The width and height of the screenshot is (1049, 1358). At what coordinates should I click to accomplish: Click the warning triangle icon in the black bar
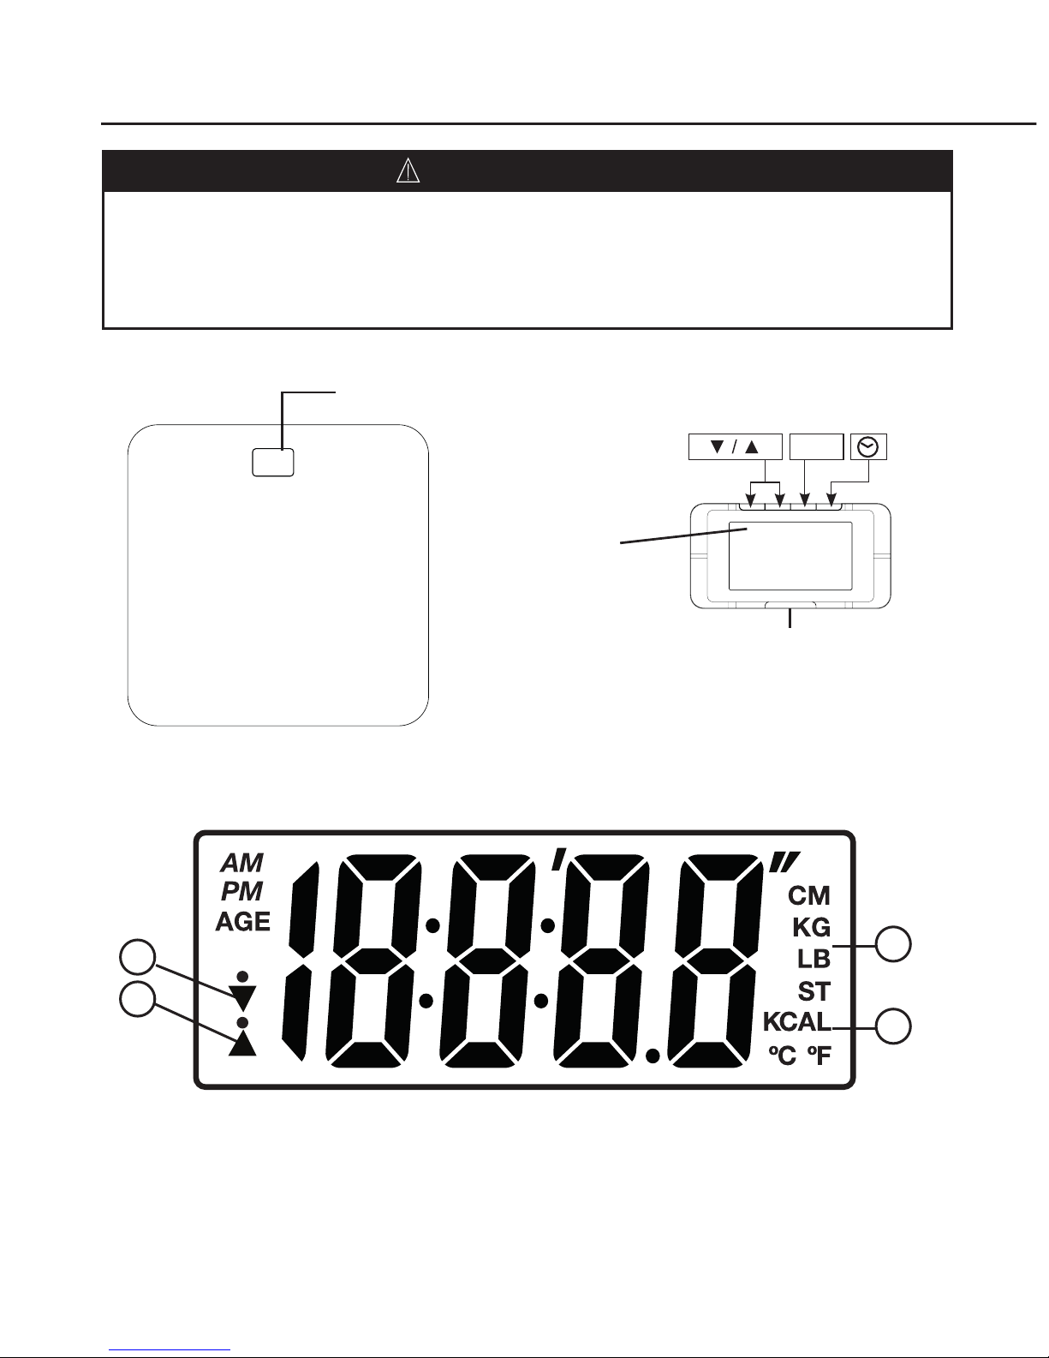coord(408,171)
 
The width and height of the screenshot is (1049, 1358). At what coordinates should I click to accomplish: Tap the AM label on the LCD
coord(242,862)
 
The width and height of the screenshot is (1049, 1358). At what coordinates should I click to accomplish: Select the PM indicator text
coord(242,892)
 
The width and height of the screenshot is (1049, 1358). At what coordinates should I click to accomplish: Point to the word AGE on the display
coord(242,922)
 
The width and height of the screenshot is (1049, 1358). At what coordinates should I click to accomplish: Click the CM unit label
coord(809,896)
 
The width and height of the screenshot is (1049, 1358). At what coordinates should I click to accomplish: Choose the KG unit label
coord(811,927)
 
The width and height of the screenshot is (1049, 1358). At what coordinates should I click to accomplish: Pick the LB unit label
coord(814,959)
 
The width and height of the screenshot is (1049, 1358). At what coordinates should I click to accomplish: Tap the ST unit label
coord(814,991)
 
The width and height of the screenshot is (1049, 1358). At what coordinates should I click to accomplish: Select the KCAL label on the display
coord(796,1022)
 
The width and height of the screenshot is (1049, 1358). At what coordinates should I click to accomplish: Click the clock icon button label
coord(868,446)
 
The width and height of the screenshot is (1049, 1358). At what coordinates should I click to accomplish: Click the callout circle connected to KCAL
coord(894,1026)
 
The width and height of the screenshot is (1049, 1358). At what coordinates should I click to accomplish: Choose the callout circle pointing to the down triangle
coord(137,958)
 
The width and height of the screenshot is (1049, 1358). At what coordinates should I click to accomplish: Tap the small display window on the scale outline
coord(273,462)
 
